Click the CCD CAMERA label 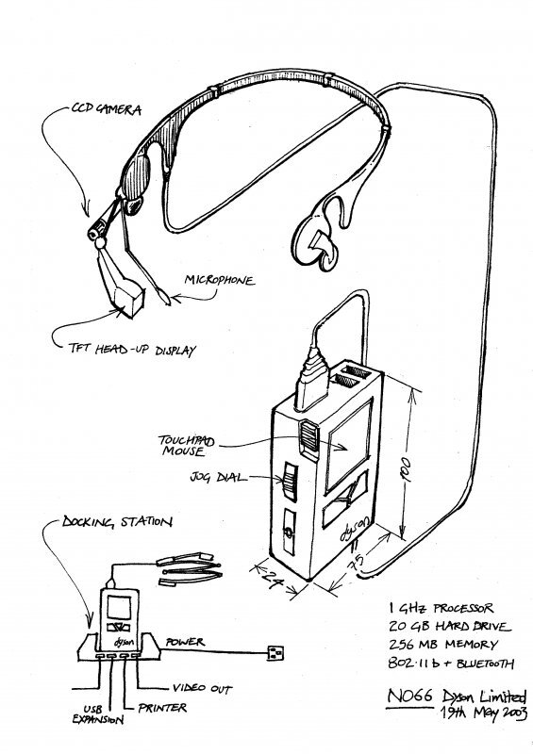point(107,109)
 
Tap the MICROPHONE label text point(220,280)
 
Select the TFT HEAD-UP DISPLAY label point(132,349)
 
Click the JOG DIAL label point(218,477)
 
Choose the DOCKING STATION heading point(117,522)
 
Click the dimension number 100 point(406,469)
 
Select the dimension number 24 point(274,577)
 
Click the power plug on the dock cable point(275,652)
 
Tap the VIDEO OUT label point(202,689)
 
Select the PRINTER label point(162,708)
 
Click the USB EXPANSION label point(98,714)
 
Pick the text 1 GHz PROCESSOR point(441,608)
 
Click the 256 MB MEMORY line point(443,645)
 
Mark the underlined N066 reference point(409,696)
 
